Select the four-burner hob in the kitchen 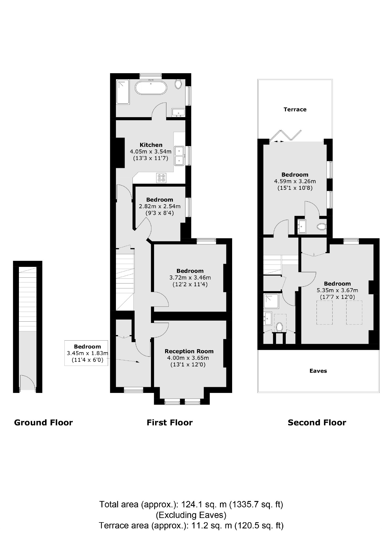click(x=161, y=178)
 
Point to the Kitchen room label click(x=151, y=145)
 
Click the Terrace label click(x=295, y=109)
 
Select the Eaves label click(x=318, y=371)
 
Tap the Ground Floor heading click(x=43, y=422)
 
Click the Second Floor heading click(x=317, y=422)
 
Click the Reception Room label click(x=189, y=351)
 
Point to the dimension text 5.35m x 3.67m click(x=337, y=290)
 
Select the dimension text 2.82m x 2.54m click(x=160, y=206)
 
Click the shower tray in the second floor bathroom click(x=271, y=301)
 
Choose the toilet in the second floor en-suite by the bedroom click(x=321, y=226)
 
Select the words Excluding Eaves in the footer click(x=191, y=515)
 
